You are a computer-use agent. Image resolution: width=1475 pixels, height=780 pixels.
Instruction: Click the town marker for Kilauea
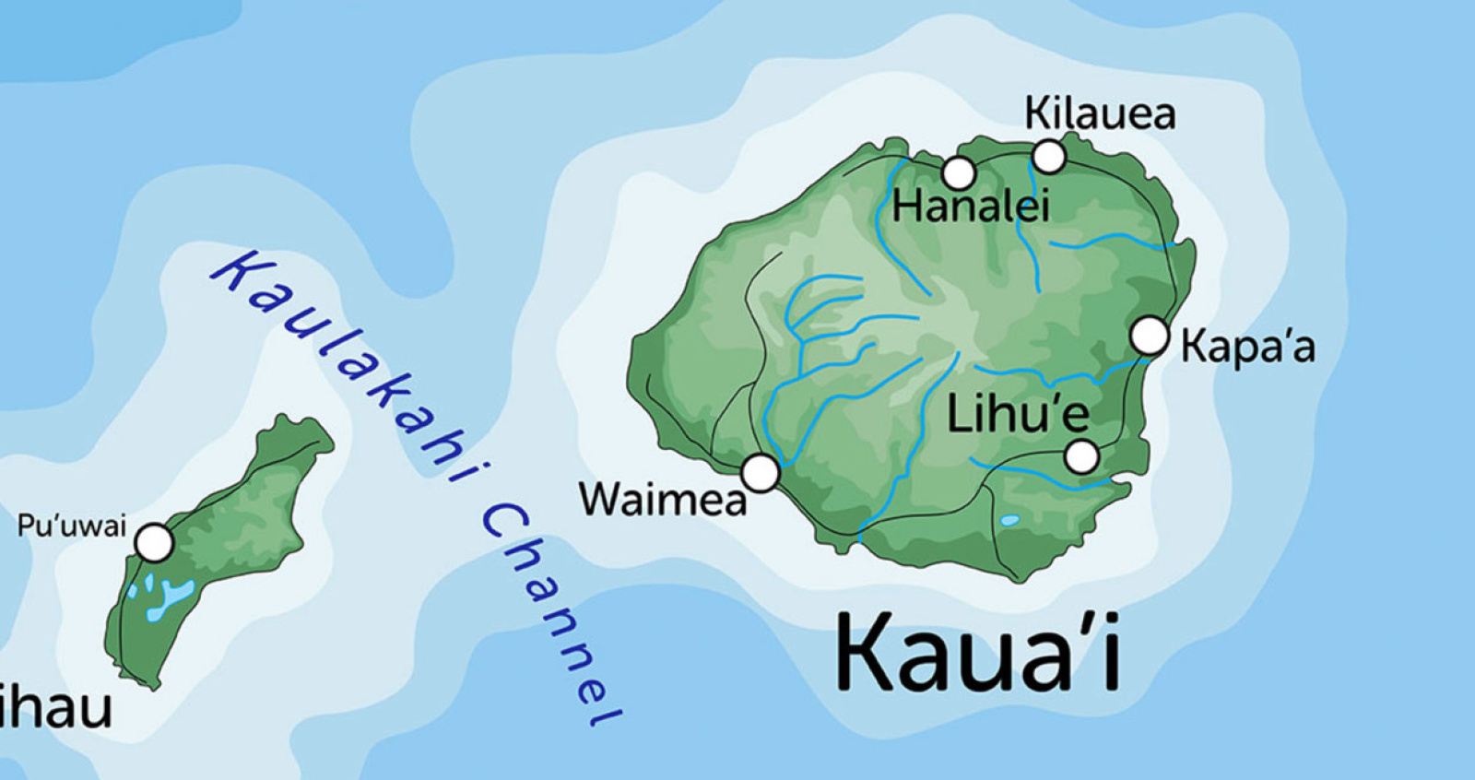(x=1048, y=157)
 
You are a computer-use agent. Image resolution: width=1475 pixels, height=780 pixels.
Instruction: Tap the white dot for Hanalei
(x=959, y=172)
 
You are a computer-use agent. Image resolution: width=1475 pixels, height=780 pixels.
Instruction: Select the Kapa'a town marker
(x=1150, y=336)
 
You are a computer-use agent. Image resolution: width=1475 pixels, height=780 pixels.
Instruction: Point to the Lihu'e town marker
(x=1081, y=456)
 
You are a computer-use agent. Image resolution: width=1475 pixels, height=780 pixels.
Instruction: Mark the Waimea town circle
(x=761, y=473)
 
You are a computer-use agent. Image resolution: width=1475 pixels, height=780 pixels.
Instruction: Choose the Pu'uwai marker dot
(x=155, y=543)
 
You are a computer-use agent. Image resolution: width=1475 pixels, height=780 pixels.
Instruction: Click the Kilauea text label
(x=1100, y=114)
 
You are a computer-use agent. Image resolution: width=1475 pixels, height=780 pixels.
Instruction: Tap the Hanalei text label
(x=970, y=206)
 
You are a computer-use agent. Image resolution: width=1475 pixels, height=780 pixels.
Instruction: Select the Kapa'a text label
(x=1248, y=347)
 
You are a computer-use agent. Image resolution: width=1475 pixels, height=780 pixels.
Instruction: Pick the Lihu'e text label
(x=1018, y=414)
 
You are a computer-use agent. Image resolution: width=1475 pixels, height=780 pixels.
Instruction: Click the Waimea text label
(x=663, y=500)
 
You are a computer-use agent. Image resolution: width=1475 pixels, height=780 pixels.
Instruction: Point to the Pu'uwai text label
(x=71, y=526)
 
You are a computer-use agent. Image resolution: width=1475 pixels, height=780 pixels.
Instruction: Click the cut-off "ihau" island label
(x=55, y=707)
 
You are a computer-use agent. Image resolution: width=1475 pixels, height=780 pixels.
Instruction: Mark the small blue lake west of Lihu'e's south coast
(x=1010, y=521)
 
